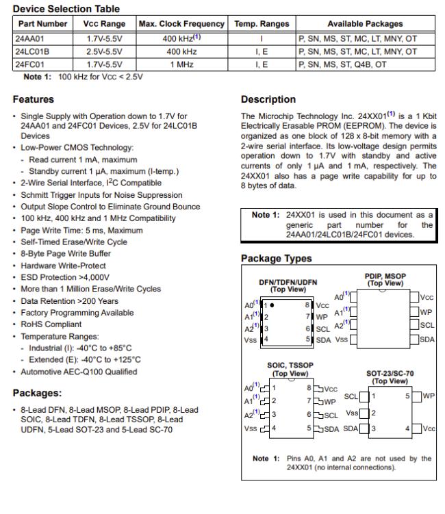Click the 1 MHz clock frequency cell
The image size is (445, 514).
[x=181, y=63]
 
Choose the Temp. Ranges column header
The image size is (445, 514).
[x=262, y=24]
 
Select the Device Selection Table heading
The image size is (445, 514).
[x=66, y=9]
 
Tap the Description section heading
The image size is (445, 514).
[x=268, y=99]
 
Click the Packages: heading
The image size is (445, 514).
[x=37, y=393]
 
